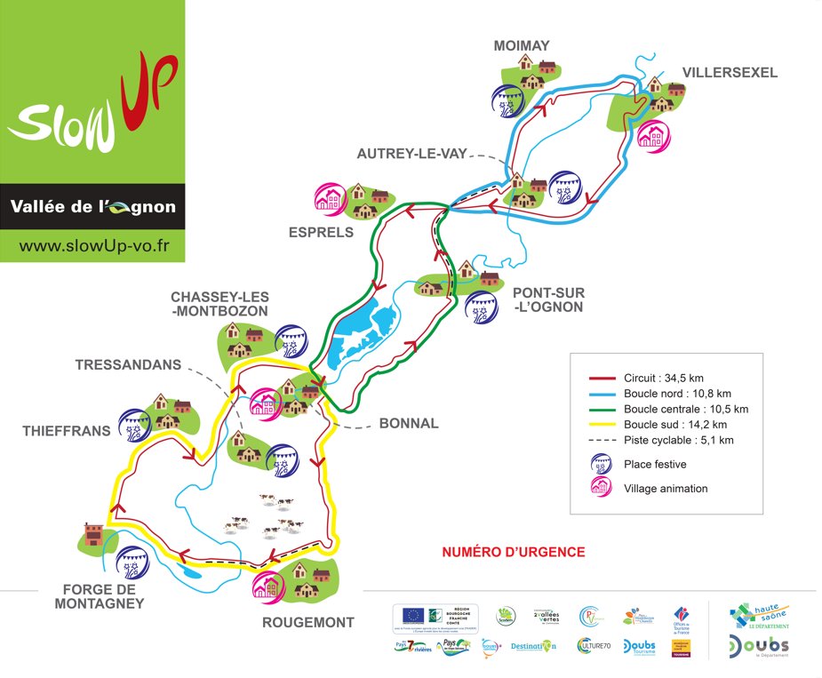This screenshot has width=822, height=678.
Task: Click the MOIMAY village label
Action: (524, 45)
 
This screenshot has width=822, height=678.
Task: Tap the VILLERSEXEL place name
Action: (730, 72)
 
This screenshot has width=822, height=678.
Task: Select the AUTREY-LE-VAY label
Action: (411, 153)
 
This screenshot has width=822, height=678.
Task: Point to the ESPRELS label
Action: (321, 233)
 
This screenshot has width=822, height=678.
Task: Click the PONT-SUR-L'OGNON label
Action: (547, 299)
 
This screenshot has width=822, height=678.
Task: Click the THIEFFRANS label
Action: (68, 431)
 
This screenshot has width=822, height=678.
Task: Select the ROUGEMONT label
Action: (307, 623)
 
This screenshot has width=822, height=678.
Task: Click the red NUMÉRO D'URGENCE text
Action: (514, 552)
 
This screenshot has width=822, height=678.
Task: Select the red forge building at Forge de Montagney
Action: (93, 533)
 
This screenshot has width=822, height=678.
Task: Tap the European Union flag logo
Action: (413, 615)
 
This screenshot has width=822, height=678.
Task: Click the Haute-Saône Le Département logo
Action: (758, 616)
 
